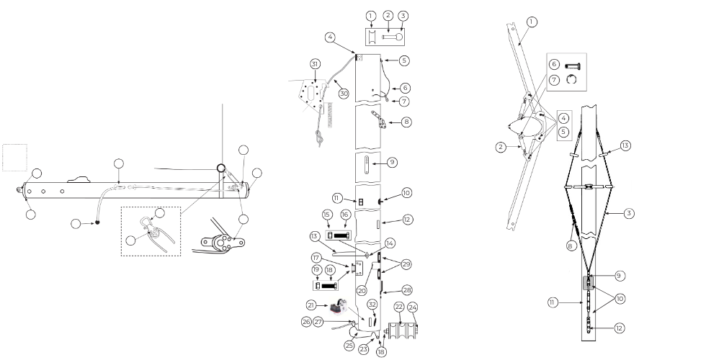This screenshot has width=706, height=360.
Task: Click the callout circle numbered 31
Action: [316, 64]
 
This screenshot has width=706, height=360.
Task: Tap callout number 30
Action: [344, 93]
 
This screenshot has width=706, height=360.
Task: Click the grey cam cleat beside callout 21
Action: [337, 307]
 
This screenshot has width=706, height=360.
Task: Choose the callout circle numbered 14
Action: [390, 243]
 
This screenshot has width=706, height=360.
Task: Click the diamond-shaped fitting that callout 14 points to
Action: [367, 254]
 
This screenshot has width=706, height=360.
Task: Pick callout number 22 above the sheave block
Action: [398, 307]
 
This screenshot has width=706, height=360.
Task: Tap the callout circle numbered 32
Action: [373, 303]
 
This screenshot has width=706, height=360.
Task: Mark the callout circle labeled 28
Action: [407, 289]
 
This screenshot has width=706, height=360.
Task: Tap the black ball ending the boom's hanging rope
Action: [95, 222]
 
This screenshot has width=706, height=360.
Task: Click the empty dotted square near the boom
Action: [14, 157]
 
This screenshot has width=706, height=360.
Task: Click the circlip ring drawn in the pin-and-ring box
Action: [572, 80]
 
